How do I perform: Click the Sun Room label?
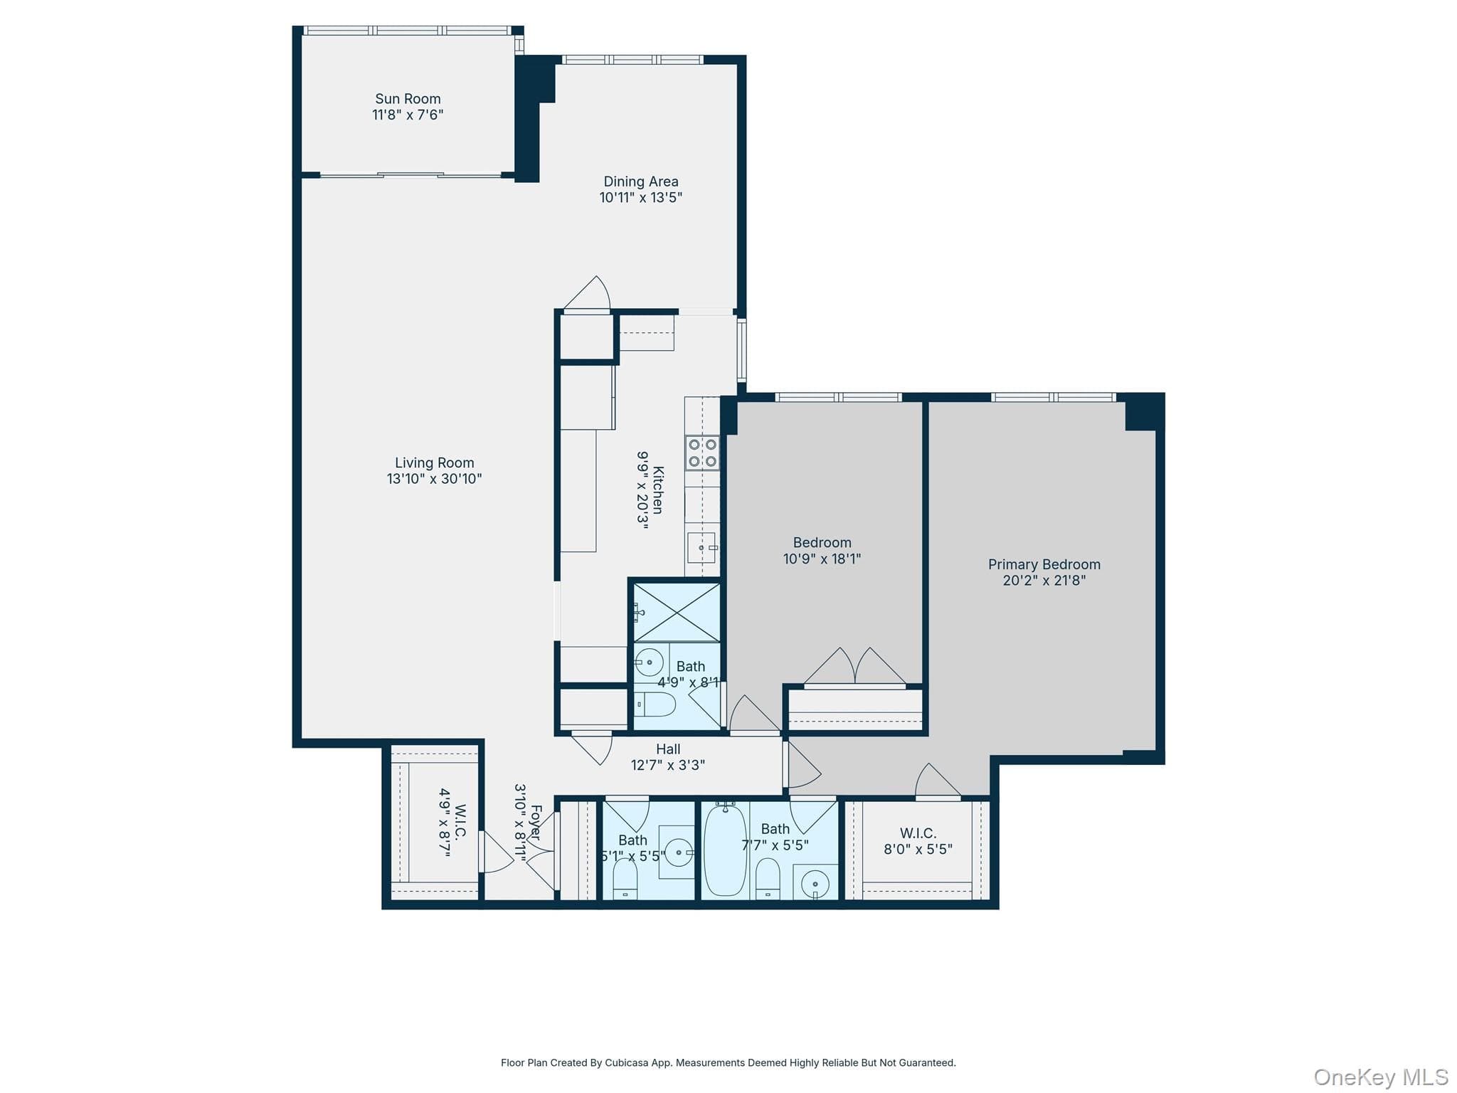pos(408,99)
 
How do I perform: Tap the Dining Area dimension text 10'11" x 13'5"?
pos(641,198)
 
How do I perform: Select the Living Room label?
pos(435,463)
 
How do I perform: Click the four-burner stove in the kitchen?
pos(702,453)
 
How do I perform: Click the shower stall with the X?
pos(677,612)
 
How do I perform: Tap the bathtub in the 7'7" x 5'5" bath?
pos(725,850)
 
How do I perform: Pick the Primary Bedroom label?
pos(1044,564)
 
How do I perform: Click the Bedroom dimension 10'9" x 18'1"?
pos(822,559)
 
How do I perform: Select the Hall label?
pos(668,749)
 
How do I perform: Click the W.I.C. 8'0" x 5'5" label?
pos(918,841)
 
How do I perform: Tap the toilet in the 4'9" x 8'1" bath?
pos(655,704)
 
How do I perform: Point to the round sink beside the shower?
pos(649,662)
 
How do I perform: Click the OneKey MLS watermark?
pos(1381,1077)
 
